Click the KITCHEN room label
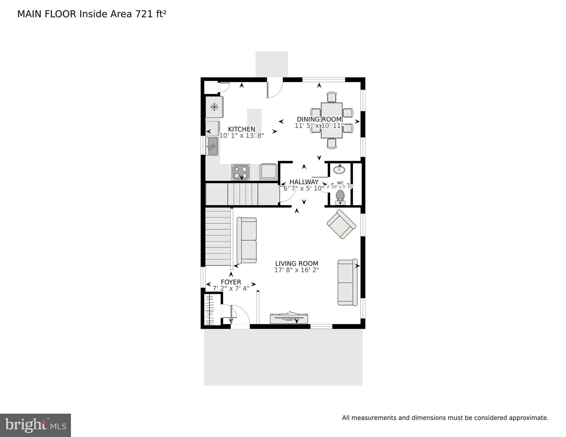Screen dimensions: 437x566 (242, 129)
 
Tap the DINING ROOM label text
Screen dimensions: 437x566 (319, 119)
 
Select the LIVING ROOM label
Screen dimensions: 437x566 (297, 264)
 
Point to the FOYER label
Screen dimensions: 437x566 (231, 282)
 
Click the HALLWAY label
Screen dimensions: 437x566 (304, 182)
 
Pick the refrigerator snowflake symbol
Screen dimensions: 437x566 (214, 107)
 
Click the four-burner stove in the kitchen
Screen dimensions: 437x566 (241, 172)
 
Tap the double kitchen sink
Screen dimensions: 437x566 (212, 146)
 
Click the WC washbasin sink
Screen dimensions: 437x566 (339, 170)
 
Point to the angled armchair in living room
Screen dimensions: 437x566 (341, 224)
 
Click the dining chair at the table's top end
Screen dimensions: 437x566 (332, 97)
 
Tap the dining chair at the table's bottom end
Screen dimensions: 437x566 (332, 143)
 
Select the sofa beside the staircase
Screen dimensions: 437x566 (247, 241)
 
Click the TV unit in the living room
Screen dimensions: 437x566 (289, 318)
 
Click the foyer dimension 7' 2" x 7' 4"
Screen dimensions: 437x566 (231, 288)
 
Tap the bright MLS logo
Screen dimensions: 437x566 (35, 425)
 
